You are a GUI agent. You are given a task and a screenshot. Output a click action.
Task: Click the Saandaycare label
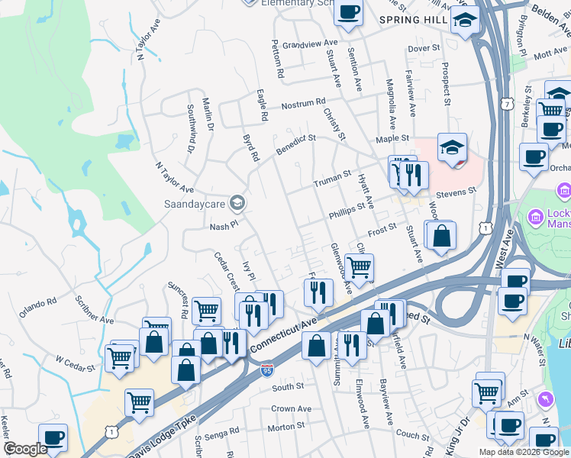pyautogui.click(x=195, y=204)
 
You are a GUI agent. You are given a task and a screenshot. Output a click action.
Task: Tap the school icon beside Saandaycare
pyautogui.click(x=237, y=202)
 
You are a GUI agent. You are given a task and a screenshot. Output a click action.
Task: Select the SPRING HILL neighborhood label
pyautogui.click(x=412, y=19)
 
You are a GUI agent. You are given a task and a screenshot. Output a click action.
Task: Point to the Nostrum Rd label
pyautogui.click(x=303, y=102)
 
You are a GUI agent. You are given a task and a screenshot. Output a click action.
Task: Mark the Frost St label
pyautogui.click(x=382, y=228)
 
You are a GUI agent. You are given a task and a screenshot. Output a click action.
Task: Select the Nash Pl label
pyautogui.click(x=224, y=227)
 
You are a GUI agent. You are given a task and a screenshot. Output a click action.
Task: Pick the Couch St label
pyautogui.click(x=412, y=435)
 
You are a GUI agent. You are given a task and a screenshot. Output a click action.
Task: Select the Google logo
pyautogui.click(x=26, y=449)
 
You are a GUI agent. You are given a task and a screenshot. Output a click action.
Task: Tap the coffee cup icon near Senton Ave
pyautogui.click(x=348, y=13)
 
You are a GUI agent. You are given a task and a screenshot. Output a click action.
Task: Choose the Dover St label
pyautogui.click(x=425, y=48)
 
